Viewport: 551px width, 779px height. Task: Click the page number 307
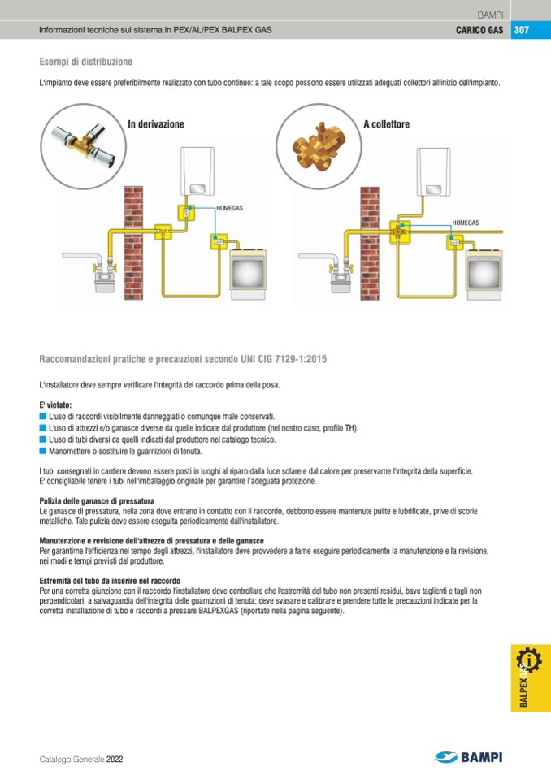click(521, 30)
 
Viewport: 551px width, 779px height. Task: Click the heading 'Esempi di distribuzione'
click(86, 62)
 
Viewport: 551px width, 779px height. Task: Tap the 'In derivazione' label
click(156, 124)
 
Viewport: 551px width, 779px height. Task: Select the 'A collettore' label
click(386, 124)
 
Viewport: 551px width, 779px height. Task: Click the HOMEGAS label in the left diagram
click(230, 209)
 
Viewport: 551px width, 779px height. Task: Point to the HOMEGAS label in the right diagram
click(466, 222)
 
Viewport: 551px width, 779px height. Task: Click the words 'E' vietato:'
click(56, 405)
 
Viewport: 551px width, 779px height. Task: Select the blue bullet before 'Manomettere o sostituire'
click(42, 451)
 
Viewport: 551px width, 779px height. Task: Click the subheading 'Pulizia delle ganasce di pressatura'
click(97, 500)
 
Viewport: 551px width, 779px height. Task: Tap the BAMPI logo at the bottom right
click(469, 757)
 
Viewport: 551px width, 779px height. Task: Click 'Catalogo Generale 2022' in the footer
click(81, 760)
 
